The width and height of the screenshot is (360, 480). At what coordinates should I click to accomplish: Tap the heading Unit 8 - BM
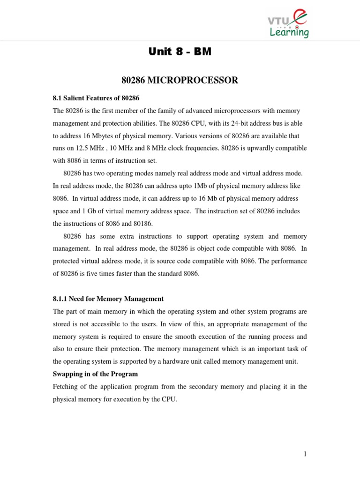pyautogui.click(x=180, y=52)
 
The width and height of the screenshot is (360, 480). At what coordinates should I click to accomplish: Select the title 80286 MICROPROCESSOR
pyautogui.click(x=180, y=81)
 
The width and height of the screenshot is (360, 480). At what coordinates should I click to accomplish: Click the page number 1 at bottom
pyautogui.click(x=305, y=454)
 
